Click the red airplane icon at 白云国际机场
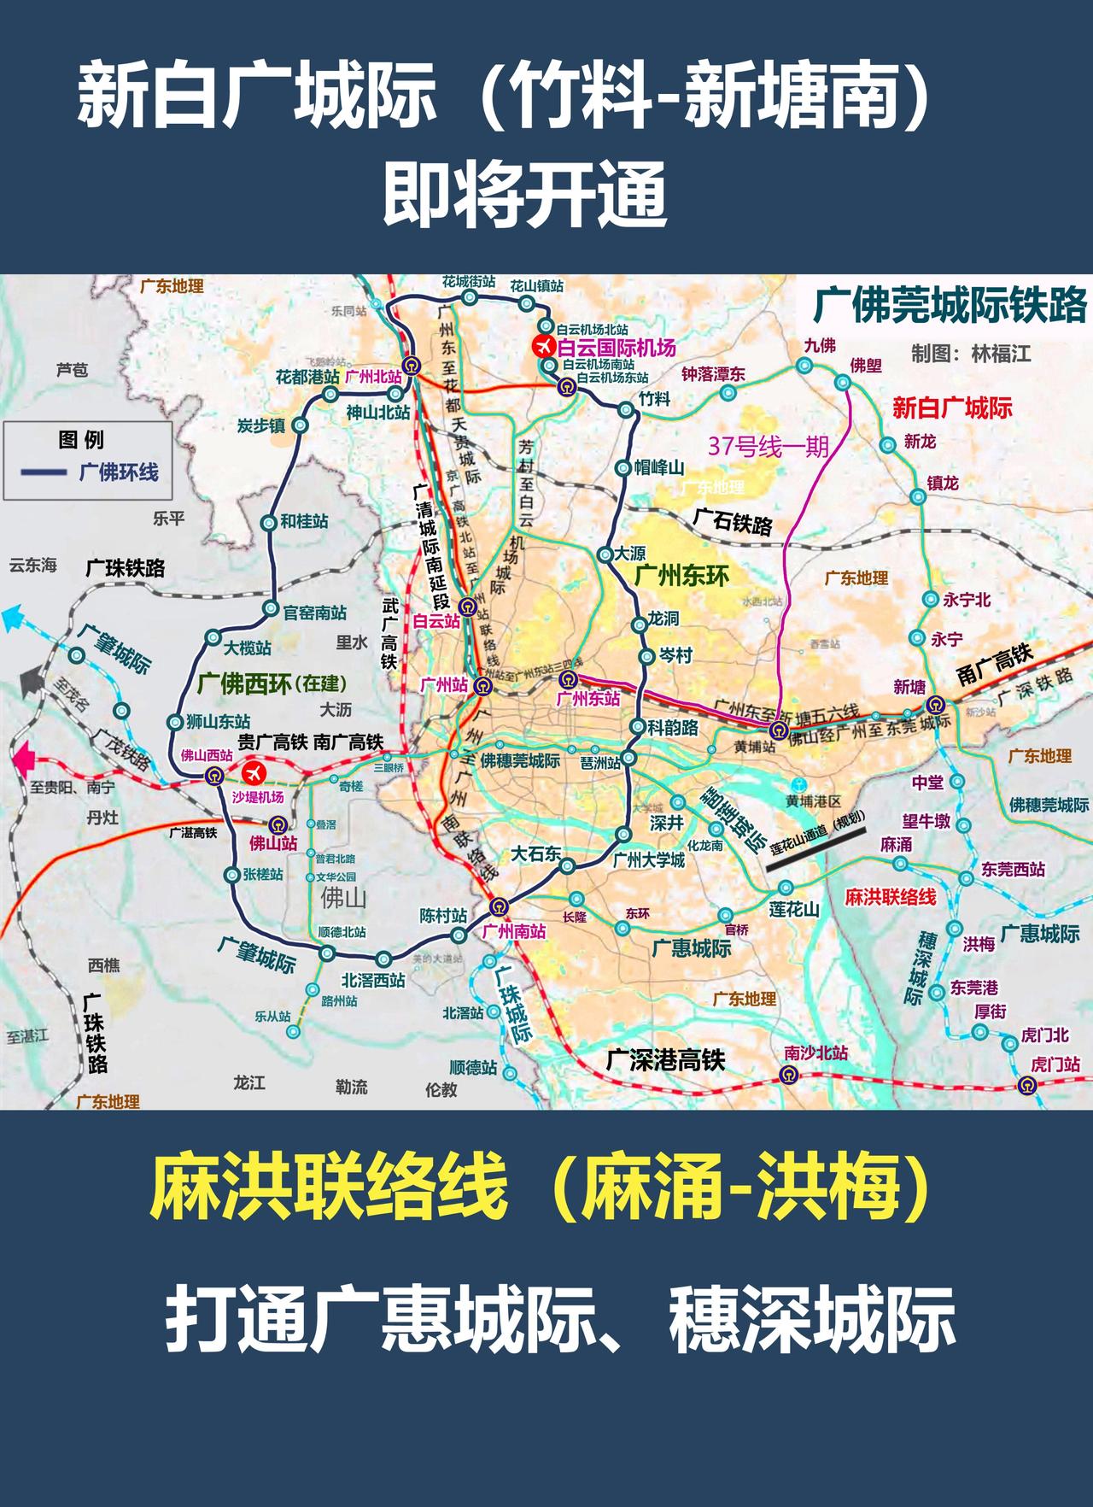(543, 347)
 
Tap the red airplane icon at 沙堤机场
(254, 773)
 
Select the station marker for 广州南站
(497, 907)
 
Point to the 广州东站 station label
(587, 699)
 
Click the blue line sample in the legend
(44, 472)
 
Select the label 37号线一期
(768, 445)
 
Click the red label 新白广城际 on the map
(952, 408)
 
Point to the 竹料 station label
(655, 398)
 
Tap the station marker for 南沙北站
(791, 1075)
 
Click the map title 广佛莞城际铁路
(950, 305)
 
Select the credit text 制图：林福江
(971, 353)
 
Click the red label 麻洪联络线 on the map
(890, 897)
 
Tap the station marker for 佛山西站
(213, 776)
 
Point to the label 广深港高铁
(665, 1060)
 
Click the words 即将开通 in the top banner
(524, 196)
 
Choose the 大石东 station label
(536, 853)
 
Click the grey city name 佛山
(342, 898)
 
